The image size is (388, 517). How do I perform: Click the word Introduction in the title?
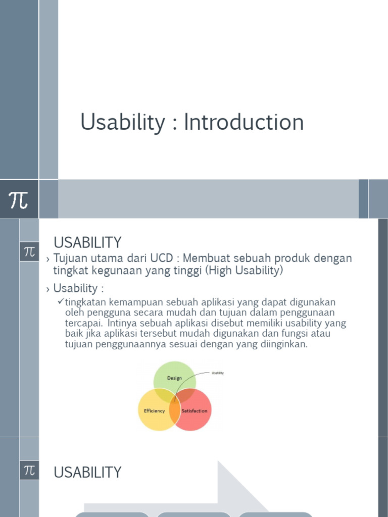coord(244,122)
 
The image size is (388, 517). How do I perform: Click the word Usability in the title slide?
coord(123,123)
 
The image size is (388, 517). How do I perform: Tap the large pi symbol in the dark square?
coord(19,200)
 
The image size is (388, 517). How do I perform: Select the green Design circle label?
coord(174,378)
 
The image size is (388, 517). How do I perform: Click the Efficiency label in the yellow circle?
coord(154,411)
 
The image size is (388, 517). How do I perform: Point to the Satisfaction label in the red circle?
coord(195,411)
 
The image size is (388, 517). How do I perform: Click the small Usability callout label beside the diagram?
coord(218,373)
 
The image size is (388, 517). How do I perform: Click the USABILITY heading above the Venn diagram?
coord(87,242)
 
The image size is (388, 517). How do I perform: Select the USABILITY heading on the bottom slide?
coord(87,473)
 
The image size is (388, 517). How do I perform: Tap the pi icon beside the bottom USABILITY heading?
coord(29,471)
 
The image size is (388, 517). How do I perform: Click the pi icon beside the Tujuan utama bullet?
coord(29,251)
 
